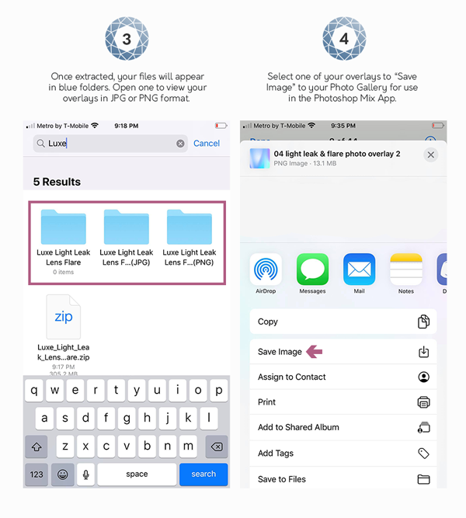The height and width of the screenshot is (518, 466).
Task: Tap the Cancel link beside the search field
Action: pyautogui.click(x=207, y=143)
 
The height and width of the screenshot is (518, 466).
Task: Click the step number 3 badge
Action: pyautogui.click(x=127, y=37)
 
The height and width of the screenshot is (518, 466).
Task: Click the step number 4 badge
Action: pyautogui.click(x=343, y=37)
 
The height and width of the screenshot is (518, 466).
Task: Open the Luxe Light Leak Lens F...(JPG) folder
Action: pyautogui.click(x=127, y=227)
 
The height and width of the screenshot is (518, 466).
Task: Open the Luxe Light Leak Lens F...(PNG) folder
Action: pyautogui.click(x=190, y=227)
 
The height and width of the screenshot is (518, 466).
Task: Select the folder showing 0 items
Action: pyautogui.click(x=64, y=227)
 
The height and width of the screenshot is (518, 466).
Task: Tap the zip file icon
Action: pyautogui.click(x=63, y=317)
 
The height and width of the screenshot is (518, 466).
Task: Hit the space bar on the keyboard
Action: pyautogui.click(x=137, y=474)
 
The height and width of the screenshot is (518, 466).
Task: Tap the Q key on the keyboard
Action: pyautogui.click(x=34, y=391)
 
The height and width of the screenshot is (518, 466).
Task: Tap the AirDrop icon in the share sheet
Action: pyautogui.click(x=266, y=269)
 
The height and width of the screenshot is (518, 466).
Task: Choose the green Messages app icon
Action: pyautogui.click(x=312, y=269)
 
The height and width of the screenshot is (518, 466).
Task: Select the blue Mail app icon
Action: pyautogui.click(x=359, y=269)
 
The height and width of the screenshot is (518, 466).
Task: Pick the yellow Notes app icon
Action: pyautogui.click(x=405, y=269)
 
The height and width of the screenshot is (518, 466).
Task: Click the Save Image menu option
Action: pyautogui.click(x=280, y=352)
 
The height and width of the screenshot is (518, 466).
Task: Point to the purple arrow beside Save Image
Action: pyautogui.click(x=314, y=352)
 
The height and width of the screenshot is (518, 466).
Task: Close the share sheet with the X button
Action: pyautogui.click(x=431, y=155)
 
